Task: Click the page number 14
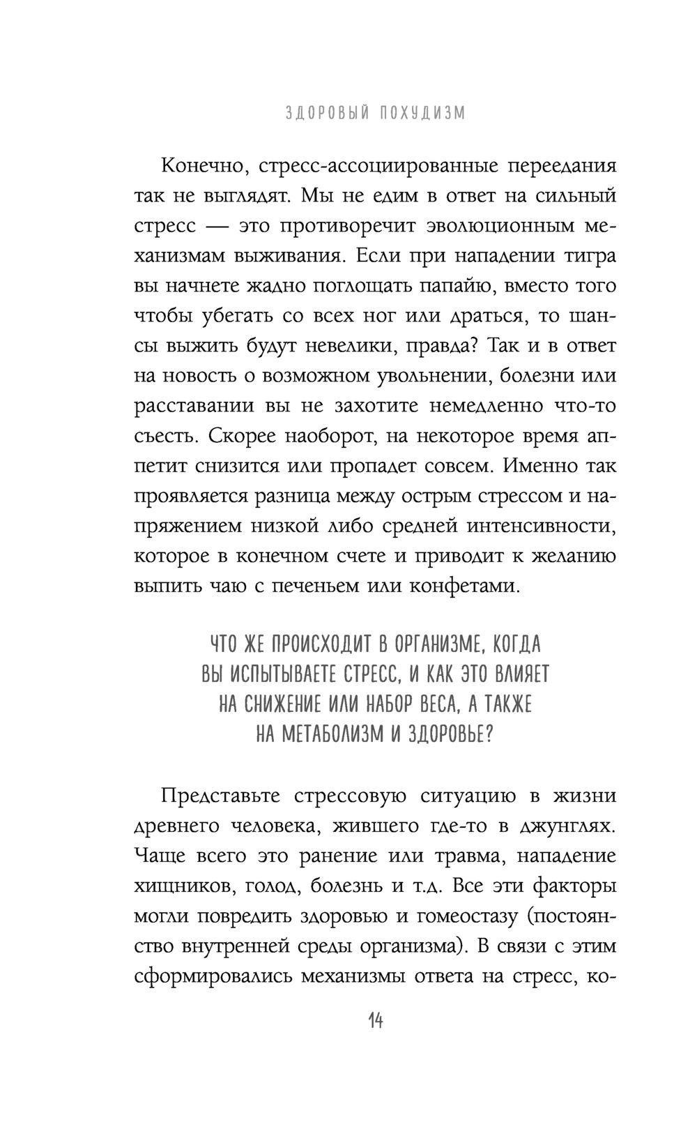(374, 1022)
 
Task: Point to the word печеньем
(326, 586)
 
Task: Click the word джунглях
(568, 826)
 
